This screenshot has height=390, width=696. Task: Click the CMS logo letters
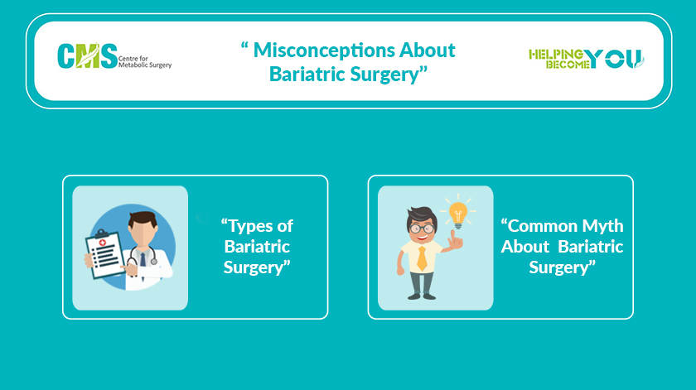click(x=88, y=56)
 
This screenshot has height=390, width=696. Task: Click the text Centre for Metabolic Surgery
click(x=145, y=61)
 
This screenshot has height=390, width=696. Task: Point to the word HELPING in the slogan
click(x=556, y=54)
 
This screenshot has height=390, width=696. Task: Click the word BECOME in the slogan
click(x=568, y=65)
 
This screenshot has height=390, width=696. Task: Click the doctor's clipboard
click(x=104, y=254)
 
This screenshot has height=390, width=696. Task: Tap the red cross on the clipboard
click(x=103, y=243)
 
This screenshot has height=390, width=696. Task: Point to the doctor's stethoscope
click(x=143, y=257)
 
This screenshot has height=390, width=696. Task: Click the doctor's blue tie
click(x=143, y=259)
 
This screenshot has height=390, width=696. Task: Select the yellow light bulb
click(x=458, y=214)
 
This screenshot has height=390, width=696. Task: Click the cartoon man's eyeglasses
click(x=422, y=229)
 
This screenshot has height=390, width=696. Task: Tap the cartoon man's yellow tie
click(x=422, y=258)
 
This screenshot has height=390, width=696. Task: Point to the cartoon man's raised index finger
click(x=453, y=236)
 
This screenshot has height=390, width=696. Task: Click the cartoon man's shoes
click(x=422, y=296)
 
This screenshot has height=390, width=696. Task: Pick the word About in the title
click(x=428, y=51)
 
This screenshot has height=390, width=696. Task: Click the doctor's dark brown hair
click(x=143, y=219)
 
